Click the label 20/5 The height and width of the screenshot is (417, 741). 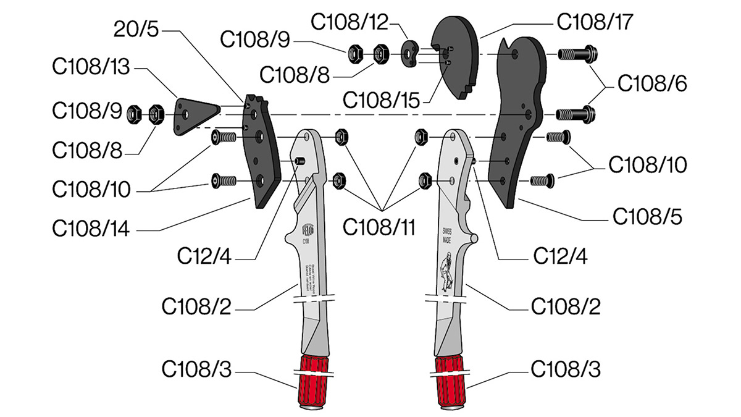[x=141, y=29]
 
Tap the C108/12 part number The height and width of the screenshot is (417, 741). [x=350, y=22]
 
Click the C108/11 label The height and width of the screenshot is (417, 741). [x=379, y=227]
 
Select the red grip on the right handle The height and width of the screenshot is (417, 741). [x=450, y=380]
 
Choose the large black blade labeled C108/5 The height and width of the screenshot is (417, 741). [x=519, y=124]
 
